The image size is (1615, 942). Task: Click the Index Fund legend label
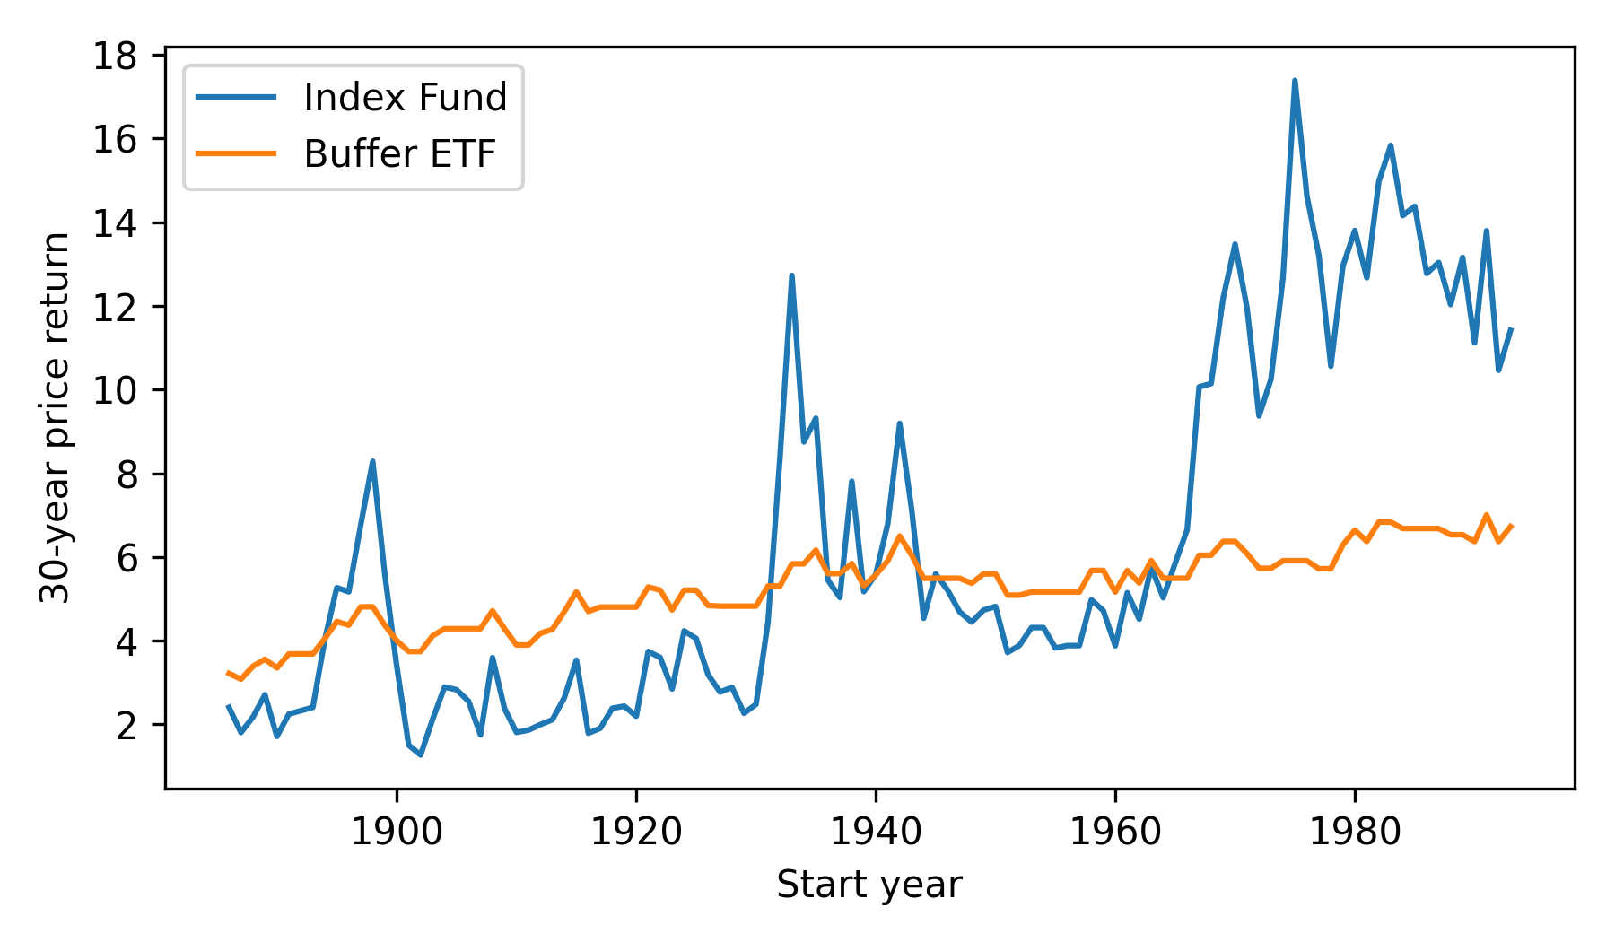point(405,97)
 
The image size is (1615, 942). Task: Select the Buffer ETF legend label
point(399,154)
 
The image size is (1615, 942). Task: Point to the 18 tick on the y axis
point(115,57)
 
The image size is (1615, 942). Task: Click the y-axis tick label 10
point(115,390)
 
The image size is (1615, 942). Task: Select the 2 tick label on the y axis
point(127,725)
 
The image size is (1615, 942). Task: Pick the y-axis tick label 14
point(115,223)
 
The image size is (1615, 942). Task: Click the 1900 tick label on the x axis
point(396,833)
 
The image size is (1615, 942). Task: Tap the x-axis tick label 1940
point(875,833)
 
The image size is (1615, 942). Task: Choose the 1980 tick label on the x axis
point(1354,833)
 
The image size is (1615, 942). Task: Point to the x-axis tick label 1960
point(1114,833)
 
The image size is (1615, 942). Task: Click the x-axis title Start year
point(869,885)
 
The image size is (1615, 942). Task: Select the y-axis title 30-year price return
point(56,417)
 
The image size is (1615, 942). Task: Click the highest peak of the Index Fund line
point(1295,81)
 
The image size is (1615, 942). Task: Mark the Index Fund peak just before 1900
point(372,461)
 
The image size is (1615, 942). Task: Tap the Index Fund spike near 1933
point(791,275)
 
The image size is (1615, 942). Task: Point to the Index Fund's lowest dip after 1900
point(420,754)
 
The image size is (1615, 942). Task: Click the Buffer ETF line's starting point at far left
point(228,672)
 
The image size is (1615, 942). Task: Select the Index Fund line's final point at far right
point(1511,329)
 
